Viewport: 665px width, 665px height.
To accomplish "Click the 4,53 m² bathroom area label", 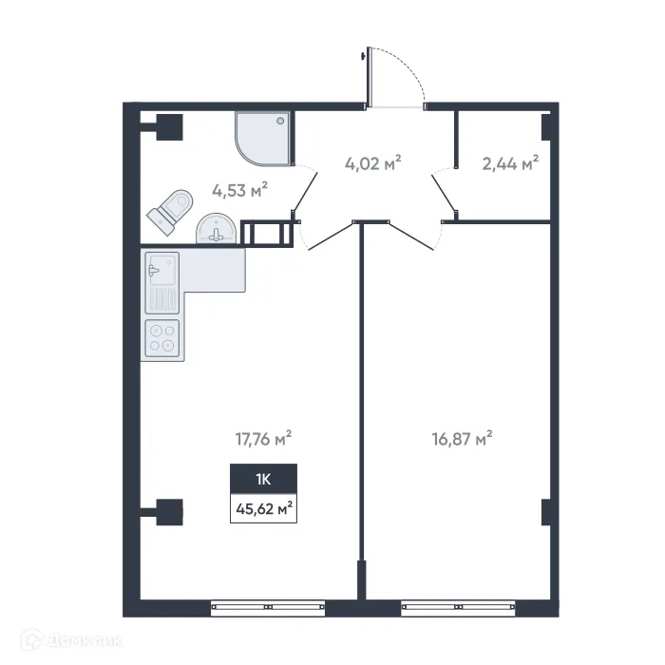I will pos(239,190).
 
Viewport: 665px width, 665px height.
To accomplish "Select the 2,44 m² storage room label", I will pos(510,162).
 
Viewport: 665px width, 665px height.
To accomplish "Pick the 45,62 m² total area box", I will pos(263,507).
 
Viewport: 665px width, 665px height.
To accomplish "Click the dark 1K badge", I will pos(263,477).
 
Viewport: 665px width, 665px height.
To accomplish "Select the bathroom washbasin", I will pos(218,229).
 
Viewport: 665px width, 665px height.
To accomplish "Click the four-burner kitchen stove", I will pos(161,338).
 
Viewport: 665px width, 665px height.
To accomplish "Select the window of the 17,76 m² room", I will pos(269,604).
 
